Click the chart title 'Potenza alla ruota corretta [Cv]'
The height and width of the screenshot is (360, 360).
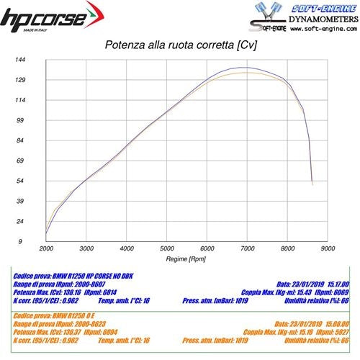tap(182, 46)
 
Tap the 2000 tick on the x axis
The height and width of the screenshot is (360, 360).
tap(46, 248)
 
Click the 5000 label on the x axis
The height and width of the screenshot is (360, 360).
tap(166, 248)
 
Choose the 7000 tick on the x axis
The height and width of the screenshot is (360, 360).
tap(247, 248)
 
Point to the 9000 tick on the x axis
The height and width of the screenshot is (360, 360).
tap(328, 248)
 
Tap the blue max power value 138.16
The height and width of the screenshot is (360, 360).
tap(69, 294)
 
